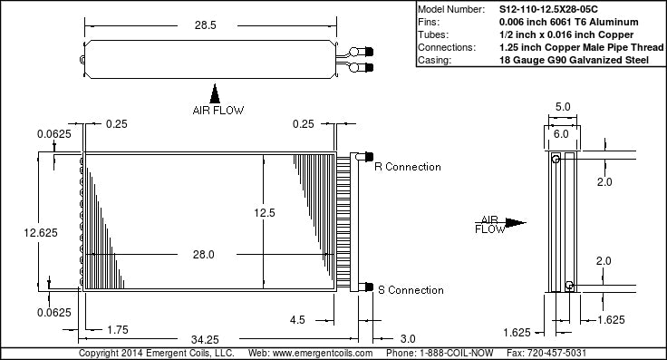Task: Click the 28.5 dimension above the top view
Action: pos(206,25)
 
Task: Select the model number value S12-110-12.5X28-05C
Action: pos(548,9)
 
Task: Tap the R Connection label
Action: pos(408,167)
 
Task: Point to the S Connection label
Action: pos(411,290)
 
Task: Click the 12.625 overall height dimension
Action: pos(41,233)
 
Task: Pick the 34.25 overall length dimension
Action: pos(205,339)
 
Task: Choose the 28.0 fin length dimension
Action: pos(203,255)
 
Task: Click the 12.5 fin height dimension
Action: pos(265,213)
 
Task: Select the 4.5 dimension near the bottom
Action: pos(297,320)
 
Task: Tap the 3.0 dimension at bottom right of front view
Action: pos(408,339)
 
